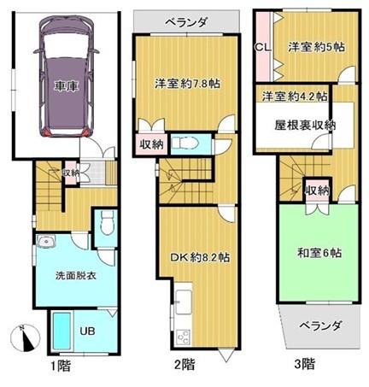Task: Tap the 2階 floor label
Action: [184, 366]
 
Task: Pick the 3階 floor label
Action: [304, 366]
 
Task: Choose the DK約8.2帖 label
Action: [196, 255]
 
